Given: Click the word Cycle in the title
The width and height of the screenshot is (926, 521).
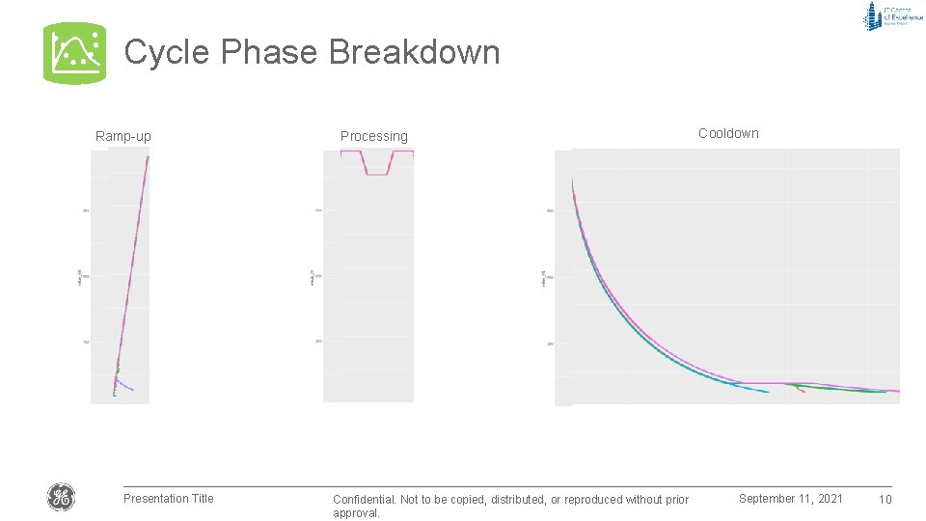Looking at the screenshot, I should click(167, 52).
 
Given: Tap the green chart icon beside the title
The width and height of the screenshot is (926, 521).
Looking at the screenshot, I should click(74, 52).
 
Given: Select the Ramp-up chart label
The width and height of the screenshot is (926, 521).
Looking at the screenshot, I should click(123, 136).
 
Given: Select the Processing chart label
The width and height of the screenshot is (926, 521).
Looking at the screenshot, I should click(373, 136).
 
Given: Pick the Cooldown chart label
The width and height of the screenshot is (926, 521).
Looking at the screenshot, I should click(728, 133).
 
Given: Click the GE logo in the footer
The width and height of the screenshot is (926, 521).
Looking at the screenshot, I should click(61, 498).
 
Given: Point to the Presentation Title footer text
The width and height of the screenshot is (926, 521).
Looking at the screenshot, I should click(168, 498).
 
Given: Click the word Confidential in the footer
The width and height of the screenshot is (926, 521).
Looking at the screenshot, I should click(365, 500).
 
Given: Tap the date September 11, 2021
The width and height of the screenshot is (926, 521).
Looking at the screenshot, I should click(790, 498).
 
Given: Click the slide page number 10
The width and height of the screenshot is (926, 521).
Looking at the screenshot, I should click(885, 499).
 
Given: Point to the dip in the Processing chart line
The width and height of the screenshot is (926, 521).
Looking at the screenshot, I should click(377, 174).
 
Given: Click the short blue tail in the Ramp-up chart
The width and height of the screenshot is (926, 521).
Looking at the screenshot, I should click(125, 387).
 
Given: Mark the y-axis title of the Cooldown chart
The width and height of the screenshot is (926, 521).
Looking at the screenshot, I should click(543, 277).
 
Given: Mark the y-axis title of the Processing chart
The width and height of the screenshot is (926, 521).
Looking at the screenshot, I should click(312, 277).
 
